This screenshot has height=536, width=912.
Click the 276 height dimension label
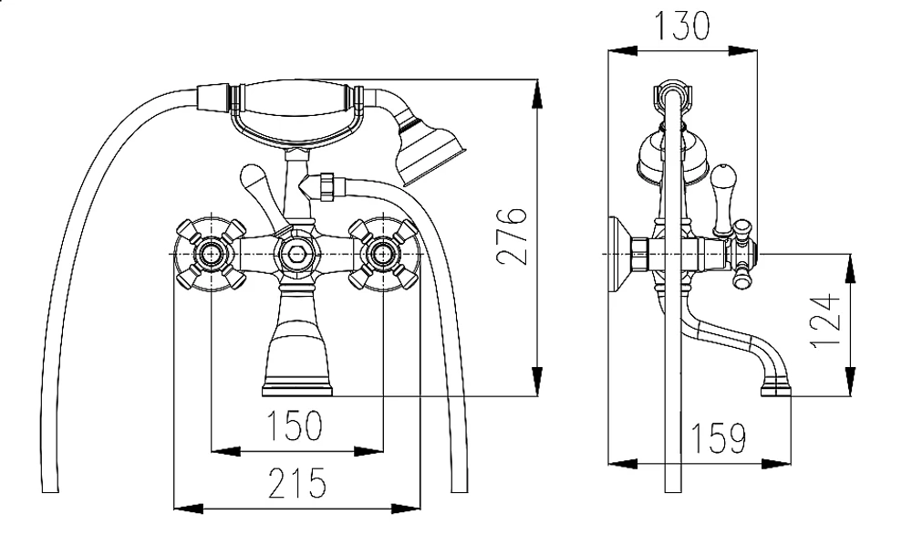(x=512, y=236)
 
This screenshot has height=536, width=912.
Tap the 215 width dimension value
(x=296, y=483)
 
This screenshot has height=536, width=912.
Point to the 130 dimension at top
(x=682, y=26)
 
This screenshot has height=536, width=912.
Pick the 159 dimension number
(x=718, y=437)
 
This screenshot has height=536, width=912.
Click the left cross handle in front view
(x=211, y=255)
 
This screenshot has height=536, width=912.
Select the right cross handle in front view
(x=384, y=255)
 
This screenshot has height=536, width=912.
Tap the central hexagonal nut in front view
(x=296, y=255)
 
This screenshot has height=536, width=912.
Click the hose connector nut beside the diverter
(x=326, y=186)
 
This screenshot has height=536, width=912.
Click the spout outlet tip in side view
(x=776, y=386)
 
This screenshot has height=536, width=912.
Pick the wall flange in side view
(x=619, y=255)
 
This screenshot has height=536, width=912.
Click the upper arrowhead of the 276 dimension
(x=537, y=93)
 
